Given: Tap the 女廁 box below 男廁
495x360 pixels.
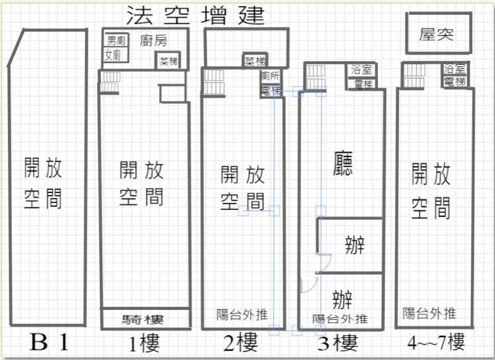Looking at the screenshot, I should pyautogui.click(x=113, y=56).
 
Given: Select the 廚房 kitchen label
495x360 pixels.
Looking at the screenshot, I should pyautogui.click(x=154, y=41).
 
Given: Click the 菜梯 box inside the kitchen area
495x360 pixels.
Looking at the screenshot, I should pyautogui.click(x=168, y=61).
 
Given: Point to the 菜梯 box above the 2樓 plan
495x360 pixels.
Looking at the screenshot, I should pyautogui.click(x=255, y=61).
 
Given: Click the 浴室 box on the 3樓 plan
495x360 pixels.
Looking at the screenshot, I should pyautogui.click(x=361, y=70).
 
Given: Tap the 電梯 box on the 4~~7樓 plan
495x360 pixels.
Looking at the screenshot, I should pyautogui.click(x=454, y=81).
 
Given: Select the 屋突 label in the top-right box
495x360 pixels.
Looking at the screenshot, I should pyautogui.click(x=436, y=35).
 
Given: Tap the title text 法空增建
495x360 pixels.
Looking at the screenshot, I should pyautogui.click(x=195, y=14).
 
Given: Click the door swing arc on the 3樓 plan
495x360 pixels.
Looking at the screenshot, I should pyautogui.click(x=308, y=284).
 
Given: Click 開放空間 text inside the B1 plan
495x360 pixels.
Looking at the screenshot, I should pyautogui.click(x=43, y=182).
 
